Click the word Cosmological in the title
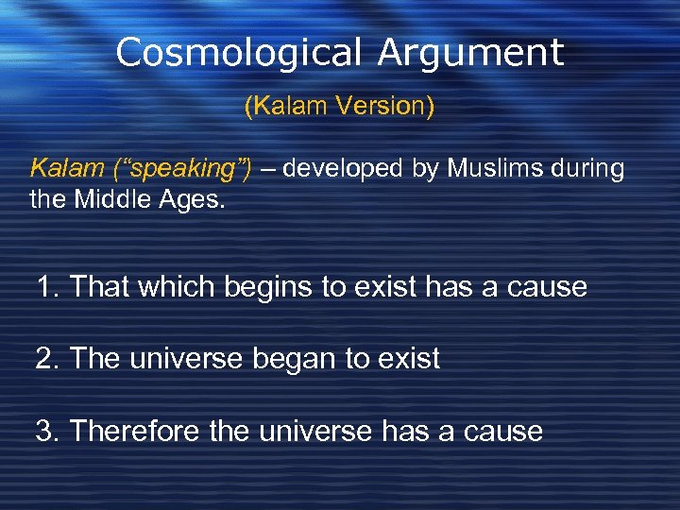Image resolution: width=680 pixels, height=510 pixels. [x=239, y=53]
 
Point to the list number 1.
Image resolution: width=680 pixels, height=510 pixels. [x=47, y=286]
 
